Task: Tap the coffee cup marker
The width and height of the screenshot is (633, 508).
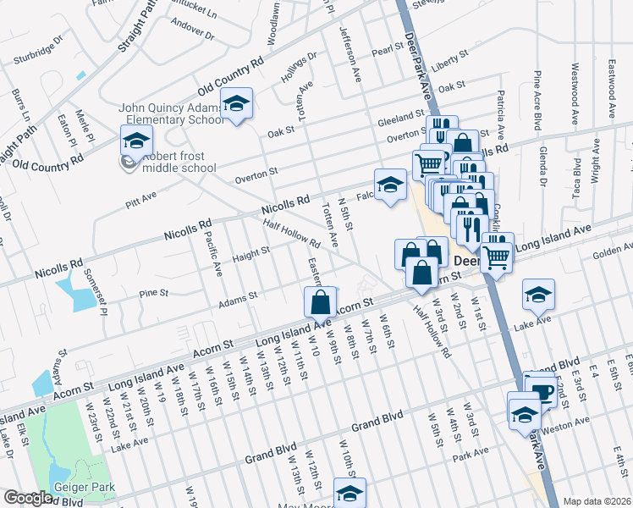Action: click(x=540, y=390)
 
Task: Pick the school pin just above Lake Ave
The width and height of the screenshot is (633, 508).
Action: click(x=538, y=295)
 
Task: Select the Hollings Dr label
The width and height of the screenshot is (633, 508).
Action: click(x=299, y=68)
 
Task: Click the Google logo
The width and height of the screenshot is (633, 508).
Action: click(x=28, y=499)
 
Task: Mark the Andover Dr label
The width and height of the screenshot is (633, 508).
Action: click(x=193, y=31)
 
